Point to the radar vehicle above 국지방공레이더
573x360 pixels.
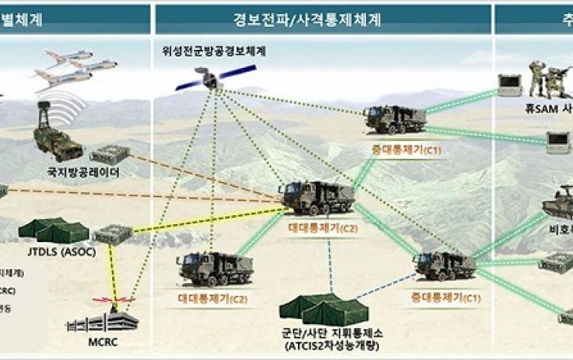click(56, 134)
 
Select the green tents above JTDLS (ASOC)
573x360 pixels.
click(53, 230)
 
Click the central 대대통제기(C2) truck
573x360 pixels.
click(317, 197)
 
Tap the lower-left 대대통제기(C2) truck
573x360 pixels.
click(214, 268)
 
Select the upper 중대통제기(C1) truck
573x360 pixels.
click(395, 119)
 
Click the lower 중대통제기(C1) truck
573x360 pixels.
click(444, 265)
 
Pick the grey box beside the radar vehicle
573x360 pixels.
click(110, 154)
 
